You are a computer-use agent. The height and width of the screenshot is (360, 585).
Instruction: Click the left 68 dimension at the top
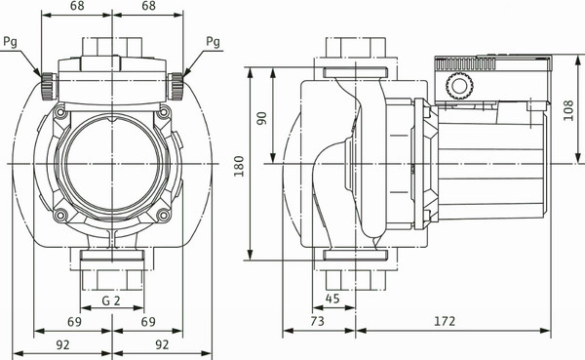point(79,7)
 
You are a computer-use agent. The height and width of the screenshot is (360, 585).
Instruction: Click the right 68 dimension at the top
point(149,7)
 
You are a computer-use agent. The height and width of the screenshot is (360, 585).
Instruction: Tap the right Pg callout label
point(214,41)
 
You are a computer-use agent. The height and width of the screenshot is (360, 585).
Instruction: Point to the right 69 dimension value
point(150,321)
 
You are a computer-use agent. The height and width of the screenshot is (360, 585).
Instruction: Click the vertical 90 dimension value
point(261,117)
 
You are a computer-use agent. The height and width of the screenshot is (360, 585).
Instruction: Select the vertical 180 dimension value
point(238,167)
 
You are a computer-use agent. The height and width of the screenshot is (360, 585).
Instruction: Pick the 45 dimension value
point(331,299)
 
